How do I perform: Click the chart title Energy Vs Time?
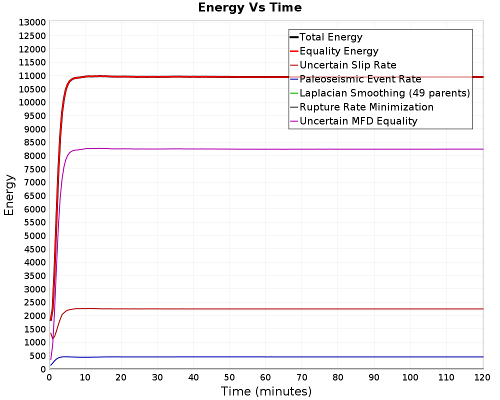[249, 7]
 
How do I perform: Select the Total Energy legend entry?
[326, 37]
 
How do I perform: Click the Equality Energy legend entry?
[334, 51]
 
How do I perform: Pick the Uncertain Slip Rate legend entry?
[343, 65]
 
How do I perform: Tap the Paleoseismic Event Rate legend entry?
[355, 79]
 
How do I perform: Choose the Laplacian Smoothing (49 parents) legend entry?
[380, 93]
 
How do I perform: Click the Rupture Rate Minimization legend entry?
[361, 107]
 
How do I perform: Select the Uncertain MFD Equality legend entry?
[353, 121]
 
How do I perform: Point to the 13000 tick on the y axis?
[32, 22]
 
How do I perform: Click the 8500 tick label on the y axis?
[35, 142]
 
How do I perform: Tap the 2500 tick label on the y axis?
[35, 302]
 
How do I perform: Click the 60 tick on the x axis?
[265, 377]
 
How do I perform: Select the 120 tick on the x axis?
[482, 377]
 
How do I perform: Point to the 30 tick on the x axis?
[157, 377]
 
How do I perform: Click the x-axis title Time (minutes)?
[266, 391]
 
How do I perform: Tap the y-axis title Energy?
[9, 195]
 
